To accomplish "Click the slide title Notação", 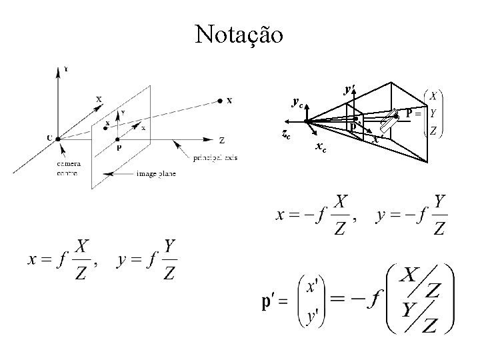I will coord(239,33).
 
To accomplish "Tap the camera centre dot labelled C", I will coord(59,138).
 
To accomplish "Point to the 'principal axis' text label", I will coord(215,158).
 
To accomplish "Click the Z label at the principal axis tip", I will coord(222,140).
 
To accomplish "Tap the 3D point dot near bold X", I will coord(220,101).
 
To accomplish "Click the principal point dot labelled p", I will coord(118,139).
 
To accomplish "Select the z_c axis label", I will coord(285,134).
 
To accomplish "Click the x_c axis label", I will coord(321,148).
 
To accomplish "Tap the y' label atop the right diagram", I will coord(349,88).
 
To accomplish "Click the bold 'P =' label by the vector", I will coord(413,113).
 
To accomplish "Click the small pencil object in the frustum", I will coord(388,123).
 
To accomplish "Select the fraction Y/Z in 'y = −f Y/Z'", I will coord(439,214).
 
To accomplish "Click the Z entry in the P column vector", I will coord(434,131).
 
